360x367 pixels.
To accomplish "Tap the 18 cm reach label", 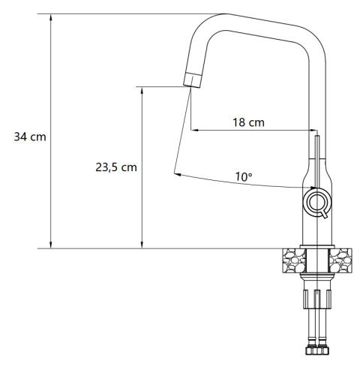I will (247, 122).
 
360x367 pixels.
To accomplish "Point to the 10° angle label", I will (243, 177).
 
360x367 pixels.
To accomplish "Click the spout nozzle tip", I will (191, 80).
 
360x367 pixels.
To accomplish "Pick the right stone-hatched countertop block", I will (343, 260).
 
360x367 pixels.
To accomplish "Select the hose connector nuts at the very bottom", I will (316, 349).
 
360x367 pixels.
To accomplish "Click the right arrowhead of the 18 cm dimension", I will (311, 130).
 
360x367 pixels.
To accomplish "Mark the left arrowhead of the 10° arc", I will (178, 175).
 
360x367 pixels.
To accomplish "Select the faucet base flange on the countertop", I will (316, 248).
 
